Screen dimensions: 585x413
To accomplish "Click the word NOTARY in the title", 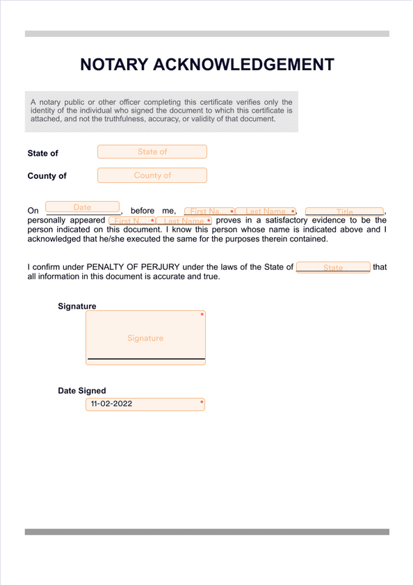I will pos(113,65).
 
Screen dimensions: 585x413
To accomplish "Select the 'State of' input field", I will pos(152,152).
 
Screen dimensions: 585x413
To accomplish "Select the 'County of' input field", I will pos(152,175).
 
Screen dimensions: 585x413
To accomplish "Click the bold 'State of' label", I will pos(43,153).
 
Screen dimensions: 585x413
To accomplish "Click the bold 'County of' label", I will pos(47,176).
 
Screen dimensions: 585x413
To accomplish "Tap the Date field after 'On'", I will pos(83,207).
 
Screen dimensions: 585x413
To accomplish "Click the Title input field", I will pos(344,211).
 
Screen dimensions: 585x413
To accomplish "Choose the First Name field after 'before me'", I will pos(209,211).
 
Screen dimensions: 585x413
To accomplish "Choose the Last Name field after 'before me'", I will pos(266,211).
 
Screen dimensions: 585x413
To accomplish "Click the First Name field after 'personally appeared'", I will pos(131,221).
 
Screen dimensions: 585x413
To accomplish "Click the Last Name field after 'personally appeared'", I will pos(184,221).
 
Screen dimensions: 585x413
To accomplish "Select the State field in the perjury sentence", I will pos(333,268).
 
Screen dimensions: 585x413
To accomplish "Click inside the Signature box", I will pos(145,337).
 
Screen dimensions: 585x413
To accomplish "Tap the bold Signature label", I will pos(76,306).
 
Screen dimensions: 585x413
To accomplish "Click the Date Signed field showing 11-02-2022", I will pos(145,403).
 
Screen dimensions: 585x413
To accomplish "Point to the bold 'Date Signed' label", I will pos(82,391).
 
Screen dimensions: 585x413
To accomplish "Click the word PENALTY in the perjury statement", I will pos(107,267).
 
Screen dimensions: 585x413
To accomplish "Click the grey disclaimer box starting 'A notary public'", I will pos(161,111).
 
